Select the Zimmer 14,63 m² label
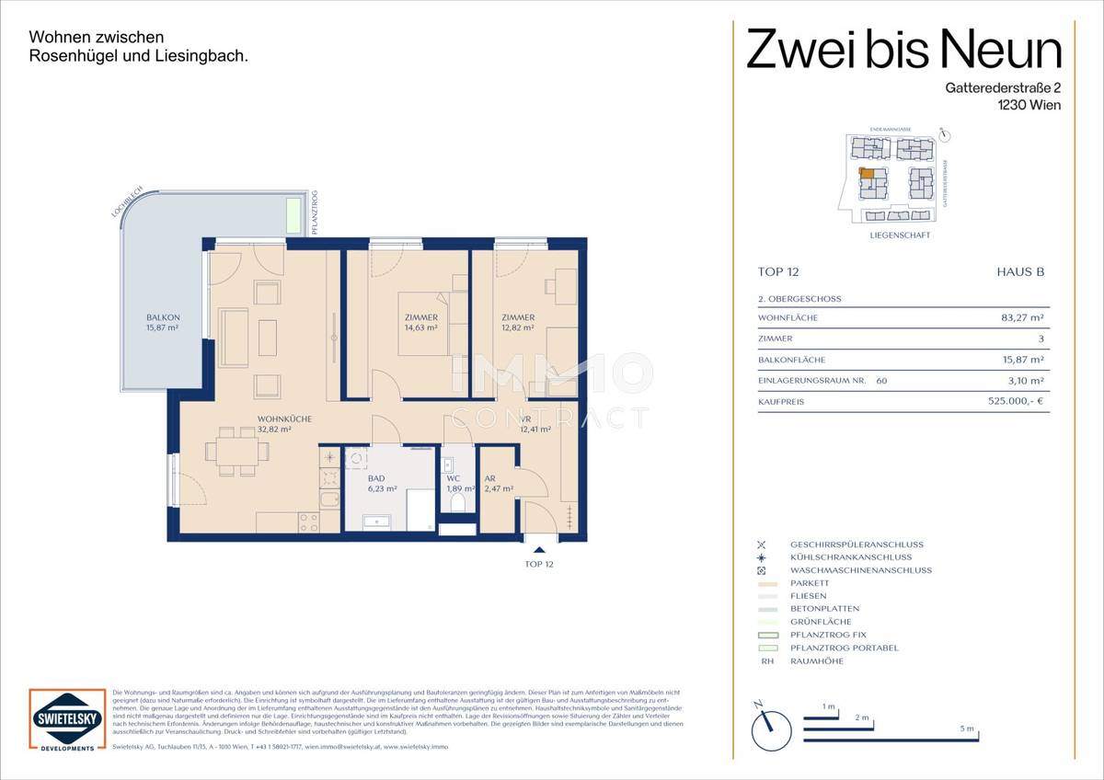point(420,322)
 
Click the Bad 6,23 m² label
point(382,484)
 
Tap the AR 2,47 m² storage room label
point(497,484)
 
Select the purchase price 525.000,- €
point(1015,402)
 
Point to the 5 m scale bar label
point(966,728)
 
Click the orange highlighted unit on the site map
point(866,173)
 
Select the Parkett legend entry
point(809,583)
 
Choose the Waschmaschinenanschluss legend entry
point(860,570)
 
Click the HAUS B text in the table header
point(1020,272)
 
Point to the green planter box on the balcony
point(293,215)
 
